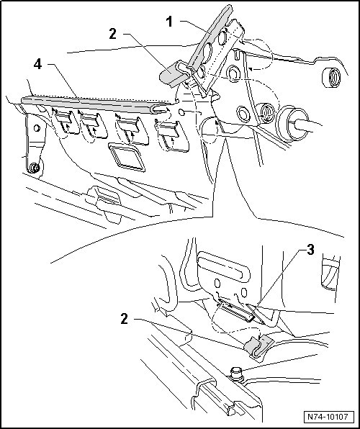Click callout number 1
coord(170,22)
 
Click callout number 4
coord(38,65)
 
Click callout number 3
coord(310,250)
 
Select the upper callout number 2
coord(113,34)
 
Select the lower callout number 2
coord(125,319)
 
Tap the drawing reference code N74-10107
coord(328,417)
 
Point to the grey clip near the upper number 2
coord(171,75)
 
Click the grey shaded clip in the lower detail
coord(256,347)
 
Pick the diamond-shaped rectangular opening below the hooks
coord(127,158)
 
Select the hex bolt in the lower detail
coord(237,374)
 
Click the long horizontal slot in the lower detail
coord(224,268)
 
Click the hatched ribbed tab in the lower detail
coord(237,312)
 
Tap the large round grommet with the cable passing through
coord(289,124)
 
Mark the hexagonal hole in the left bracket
coord(37,128)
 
